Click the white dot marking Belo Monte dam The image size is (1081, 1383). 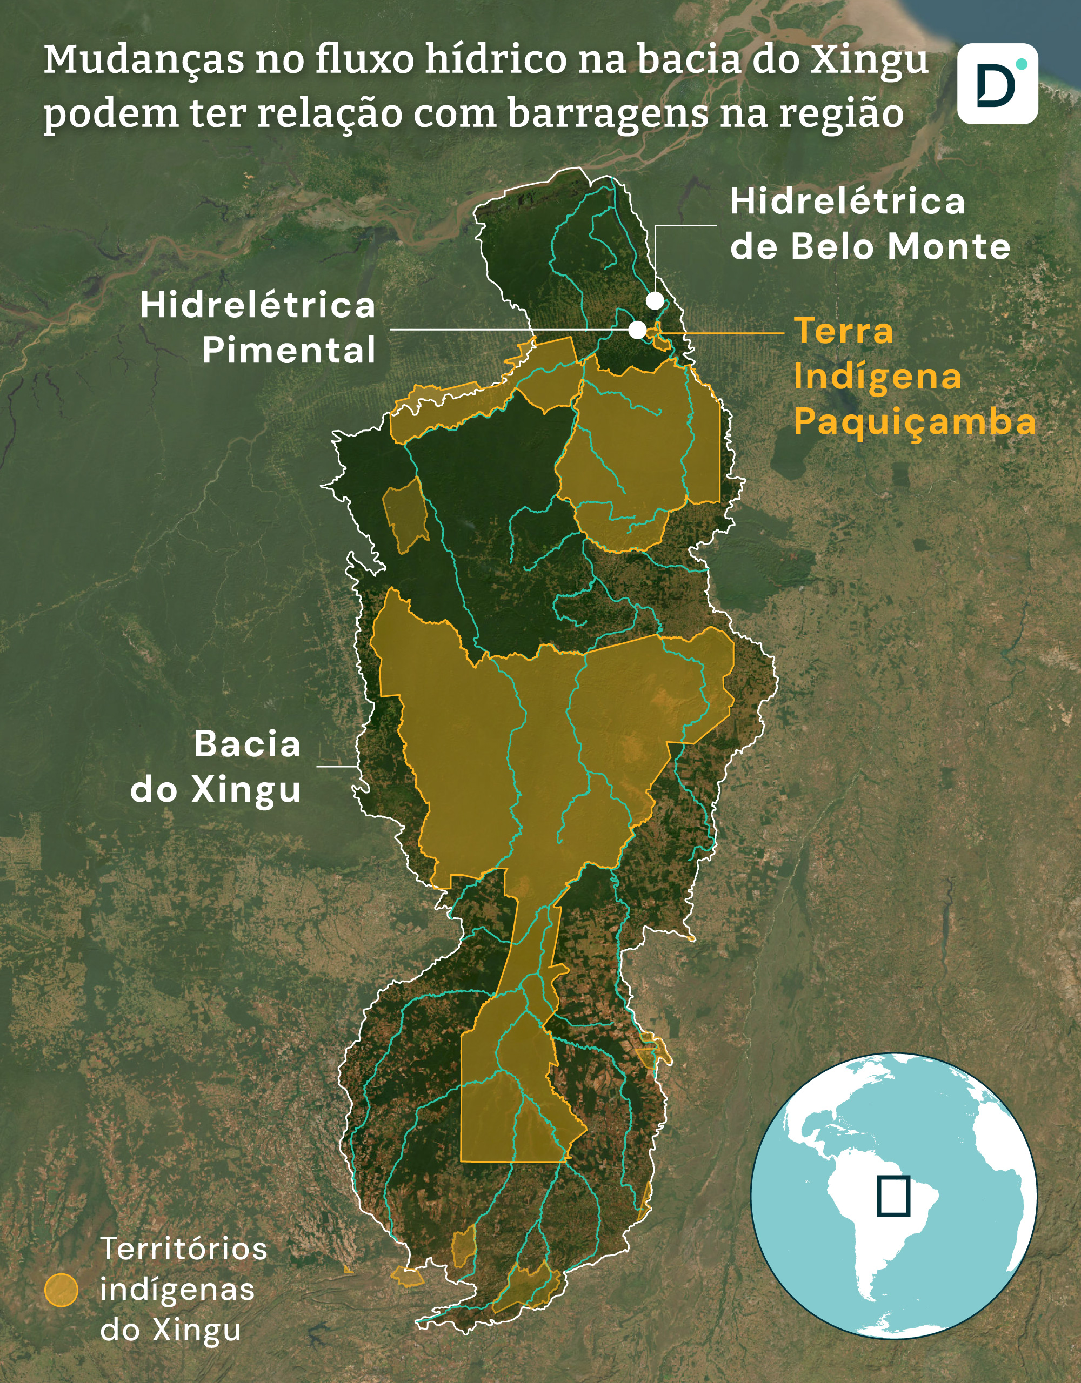655,301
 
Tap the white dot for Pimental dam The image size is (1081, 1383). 637,330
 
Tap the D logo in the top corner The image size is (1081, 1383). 997,84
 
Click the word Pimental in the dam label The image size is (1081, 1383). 289,350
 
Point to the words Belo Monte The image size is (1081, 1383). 900,246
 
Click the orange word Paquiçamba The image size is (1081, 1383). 915,422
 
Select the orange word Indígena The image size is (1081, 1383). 877,377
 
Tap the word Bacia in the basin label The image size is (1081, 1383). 247,744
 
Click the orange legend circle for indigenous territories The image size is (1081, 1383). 62,1291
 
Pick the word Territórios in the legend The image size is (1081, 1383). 184,1250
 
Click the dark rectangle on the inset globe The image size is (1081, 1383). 893,1196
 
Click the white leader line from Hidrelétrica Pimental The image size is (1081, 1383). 507,330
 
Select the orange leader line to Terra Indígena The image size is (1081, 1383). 729,332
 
